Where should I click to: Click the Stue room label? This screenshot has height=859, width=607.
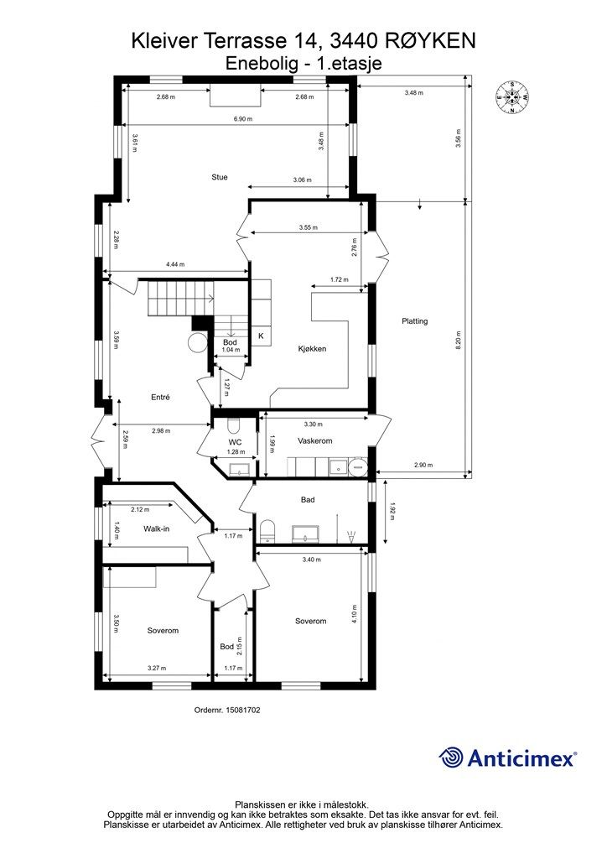pos(220,177)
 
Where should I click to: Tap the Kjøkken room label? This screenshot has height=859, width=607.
pos(312,348)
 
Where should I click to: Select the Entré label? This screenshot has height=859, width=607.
pos(160,397)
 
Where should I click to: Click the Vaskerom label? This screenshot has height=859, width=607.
pos(314,440)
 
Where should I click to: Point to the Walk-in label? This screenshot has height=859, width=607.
pos(156,528)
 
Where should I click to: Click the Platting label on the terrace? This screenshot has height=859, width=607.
pos(414,321)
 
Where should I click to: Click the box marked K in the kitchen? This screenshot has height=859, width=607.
pos(261,336)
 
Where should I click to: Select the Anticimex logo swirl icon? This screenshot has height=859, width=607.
pos(451,758)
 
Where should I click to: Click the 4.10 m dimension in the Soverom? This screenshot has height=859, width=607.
pos(354,613)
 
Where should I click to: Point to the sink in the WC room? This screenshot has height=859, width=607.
pos(238,469)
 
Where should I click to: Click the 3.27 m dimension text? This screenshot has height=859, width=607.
pos(157,668)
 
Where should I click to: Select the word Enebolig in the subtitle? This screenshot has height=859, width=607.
pos(261,64)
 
